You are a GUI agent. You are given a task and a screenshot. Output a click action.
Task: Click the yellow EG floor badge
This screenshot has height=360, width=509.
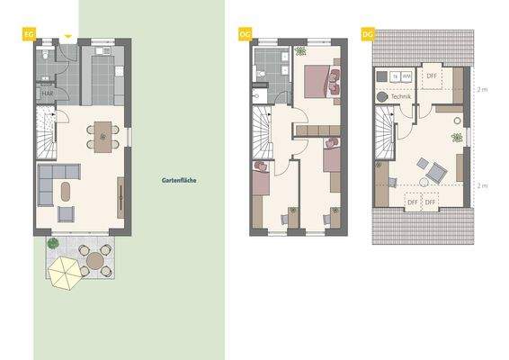pos(29,34)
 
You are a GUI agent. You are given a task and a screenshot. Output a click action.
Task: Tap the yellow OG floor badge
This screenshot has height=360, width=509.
pos(244,34)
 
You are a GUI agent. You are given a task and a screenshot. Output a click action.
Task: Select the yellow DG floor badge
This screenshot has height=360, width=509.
pos(367,34)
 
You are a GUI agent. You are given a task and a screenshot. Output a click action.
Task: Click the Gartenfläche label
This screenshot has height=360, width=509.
pos(178,180)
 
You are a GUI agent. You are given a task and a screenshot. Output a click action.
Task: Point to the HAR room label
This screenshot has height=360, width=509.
pos(46,92)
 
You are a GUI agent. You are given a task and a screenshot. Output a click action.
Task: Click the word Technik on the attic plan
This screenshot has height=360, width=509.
pos(401,96)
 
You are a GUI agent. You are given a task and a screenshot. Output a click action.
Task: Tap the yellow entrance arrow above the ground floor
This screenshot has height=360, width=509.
pos(68,37)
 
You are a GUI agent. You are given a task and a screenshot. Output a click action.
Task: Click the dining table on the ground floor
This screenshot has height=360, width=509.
pos(103,137)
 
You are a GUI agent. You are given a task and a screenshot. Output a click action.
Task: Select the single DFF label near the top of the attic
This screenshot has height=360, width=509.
pos(432,76)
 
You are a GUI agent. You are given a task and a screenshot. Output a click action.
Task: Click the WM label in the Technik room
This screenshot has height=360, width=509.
pos(406,76)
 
